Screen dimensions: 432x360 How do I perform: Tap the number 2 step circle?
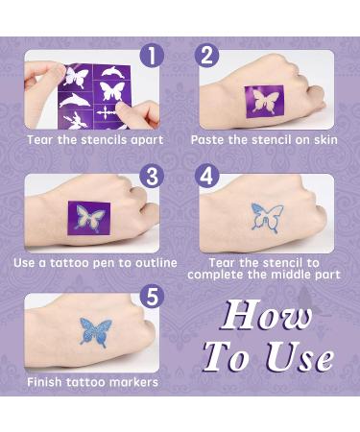[210, 58]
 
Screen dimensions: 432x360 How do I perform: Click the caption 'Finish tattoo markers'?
[93, 383]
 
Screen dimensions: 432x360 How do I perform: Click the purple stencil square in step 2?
[265, 100]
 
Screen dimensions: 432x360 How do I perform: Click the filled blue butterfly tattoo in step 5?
[95, 332]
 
